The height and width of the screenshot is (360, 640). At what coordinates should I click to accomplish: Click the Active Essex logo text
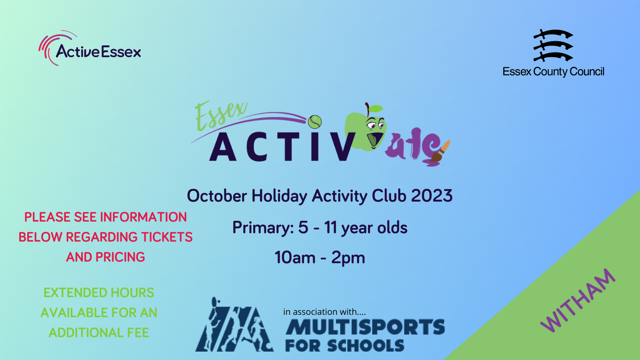98,52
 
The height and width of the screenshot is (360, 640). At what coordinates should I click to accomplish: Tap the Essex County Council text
554,72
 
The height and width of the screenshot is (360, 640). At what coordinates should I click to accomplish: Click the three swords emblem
553,46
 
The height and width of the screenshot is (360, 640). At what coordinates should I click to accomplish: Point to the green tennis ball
314,122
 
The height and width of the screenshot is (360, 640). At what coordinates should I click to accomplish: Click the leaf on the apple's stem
376,108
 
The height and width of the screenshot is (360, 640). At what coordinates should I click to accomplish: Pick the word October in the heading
217,196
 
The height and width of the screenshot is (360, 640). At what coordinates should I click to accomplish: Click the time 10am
294,258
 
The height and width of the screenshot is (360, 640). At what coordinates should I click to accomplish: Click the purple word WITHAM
578,300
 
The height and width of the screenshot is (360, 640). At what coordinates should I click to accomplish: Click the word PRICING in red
120,257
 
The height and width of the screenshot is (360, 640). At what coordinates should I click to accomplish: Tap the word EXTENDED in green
75,293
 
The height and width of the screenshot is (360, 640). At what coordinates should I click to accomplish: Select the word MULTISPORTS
365,327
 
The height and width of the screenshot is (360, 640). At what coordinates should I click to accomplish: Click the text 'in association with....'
324,312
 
